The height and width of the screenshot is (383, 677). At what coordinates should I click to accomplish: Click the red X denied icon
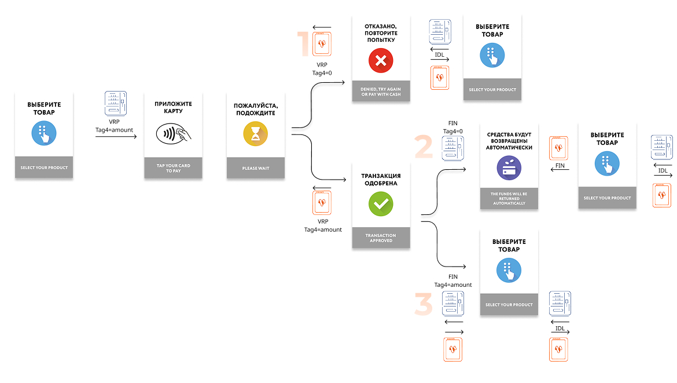[380, 60]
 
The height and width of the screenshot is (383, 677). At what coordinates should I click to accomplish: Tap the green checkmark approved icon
[380, 203]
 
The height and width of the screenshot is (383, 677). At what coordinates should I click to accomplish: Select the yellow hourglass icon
[255, 134]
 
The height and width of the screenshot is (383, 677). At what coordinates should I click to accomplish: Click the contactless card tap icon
[173, 134]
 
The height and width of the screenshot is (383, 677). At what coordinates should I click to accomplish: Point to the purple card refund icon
[509, 167]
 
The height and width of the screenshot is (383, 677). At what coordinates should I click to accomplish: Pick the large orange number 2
[423, 147]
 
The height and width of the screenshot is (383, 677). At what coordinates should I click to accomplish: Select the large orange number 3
[423, 304]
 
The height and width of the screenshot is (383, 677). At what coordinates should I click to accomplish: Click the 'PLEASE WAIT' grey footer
[256, 167]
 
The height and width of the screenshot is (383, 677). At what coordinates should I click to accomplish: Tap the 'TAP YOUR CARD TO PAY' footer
[173, 167]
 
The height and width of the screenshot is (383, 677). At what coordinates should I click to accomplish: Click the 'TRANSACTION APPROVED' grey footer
[381, 238]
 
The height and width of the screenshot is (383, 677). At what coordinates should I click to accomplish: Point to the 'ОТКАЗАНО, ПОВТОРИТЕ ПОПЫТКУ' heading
[381, 33]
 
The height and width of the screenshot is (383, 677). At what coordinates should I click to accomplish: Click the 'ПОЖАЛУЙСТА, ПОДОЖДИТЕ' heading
[256, 109]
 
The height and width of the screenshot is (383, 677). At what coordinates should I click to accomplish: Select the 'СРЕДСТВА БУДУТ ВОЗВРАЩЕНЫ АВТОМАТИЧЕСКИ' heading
[509, 141]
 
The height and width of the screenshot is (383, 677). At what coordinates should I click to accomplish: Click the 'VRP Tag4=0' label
[322, 69]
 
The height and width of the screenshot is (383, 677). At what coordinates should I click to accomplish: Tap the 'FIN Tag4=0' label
[452, 127]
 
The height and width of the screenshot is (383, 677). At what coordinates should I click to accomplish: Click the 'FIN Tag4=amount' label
[453, 280]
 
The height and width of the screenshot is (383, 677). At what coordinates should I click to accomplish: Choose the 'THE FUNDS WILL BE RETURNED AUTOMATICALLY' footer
[509, 198]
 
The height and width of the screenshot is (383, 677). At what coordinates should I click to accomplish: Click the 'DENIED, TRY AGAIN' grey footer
[381, 91]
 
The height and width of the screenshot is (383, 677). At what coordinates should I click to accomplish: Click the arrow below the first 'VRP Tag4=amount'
[116, 137]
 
